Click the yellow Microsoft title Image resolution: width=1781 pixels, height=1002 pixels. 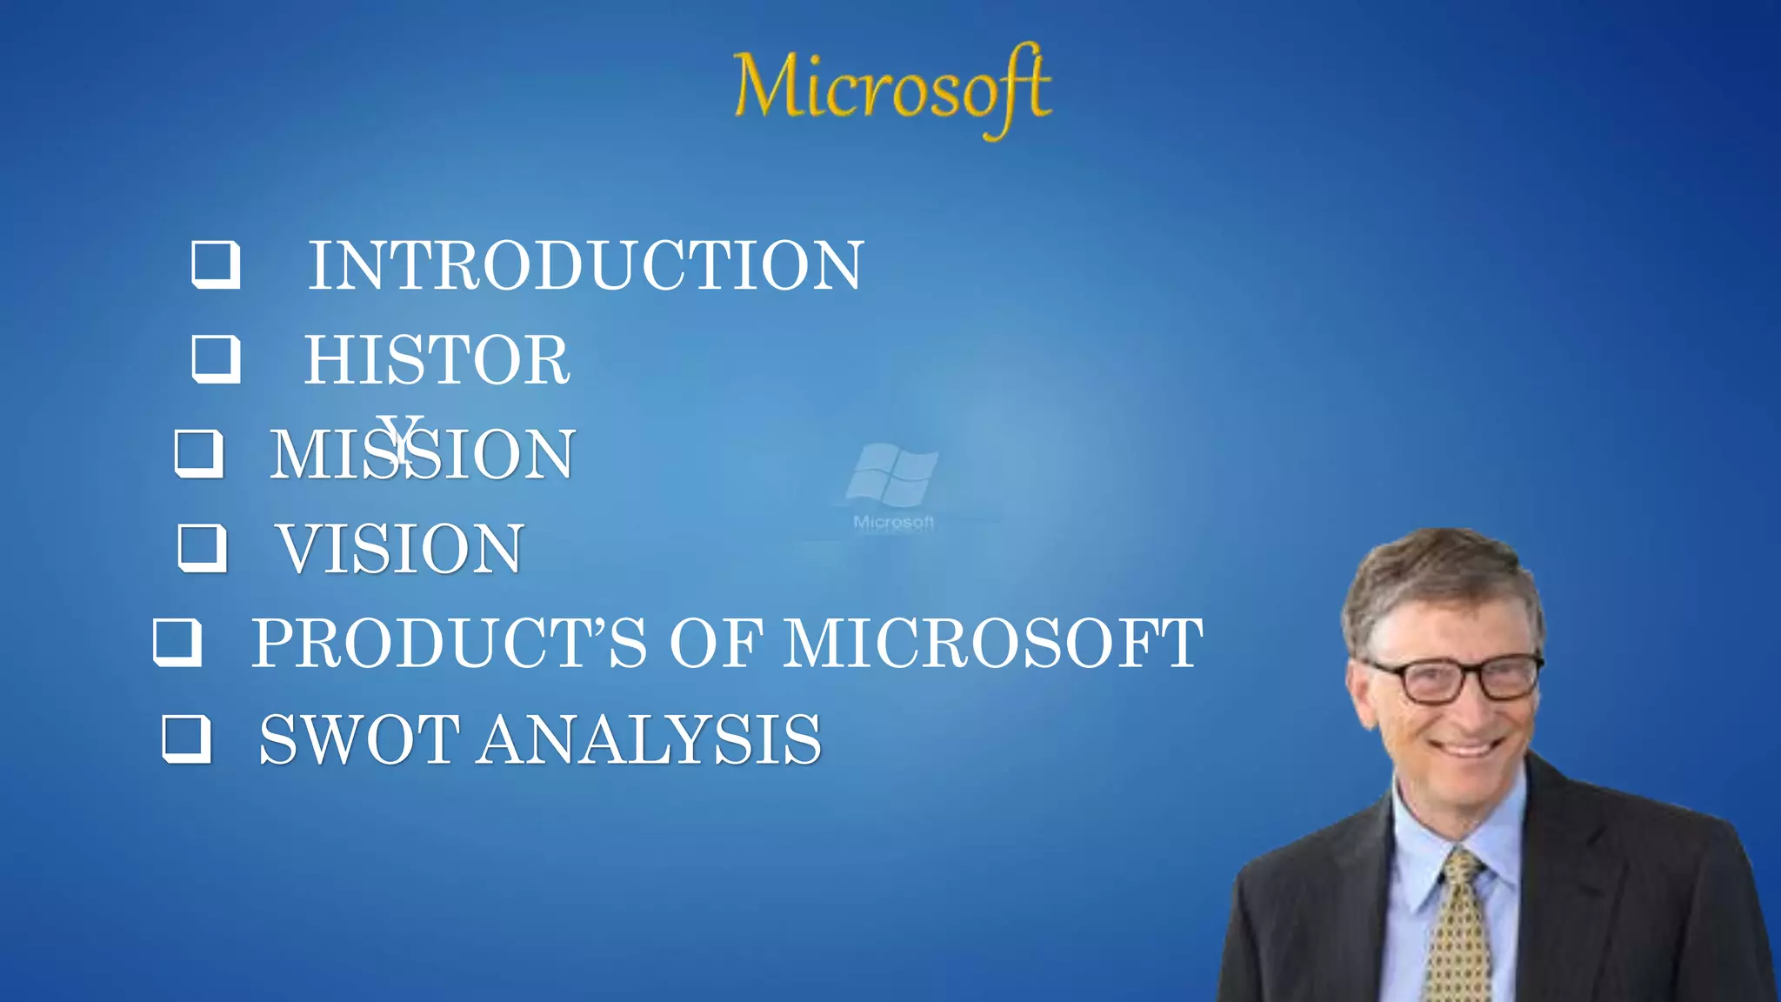tap(892, 88)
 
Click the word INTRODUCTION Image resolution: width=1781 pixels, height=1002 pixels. tap(586, 265)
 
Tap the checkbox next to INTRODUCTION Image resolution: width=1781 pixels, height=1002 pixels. tap(216, 264)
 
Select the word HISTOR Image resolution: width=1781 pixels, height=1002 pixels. tap(437, 359)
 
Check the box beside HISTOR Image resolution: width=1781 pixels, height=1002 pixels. tap(216, 358)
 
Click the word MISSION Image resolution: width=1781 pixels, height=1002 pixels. tap(423, 454)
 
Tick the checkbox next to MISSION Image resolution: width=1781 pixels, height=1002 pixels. tap(199, 453)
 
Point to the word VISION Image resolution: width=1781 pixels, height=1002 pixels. tap(400, 549)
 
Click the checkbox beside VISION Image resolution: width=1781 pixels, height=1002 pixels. tap(203, 548)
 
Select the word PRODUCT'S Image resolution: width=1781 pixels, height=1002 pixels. tap(449, 644)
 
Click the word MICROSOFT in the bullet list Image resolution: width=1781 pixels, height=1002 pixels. tap(993, 644)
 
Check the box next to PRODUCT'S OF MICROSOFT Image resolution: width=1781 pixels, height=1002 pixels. tap(177, 642)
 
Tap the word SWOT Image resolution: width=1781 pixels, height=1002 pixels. tap(359, 739)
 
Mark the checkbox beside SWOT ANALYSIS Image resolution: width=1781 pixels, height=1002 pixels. tap(187, 738)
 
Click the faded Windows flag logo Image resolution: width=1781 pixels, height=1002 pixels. tap(892, 474)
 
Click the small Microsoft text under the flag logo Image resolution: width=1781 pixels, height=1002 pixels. tap(893, 522)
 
